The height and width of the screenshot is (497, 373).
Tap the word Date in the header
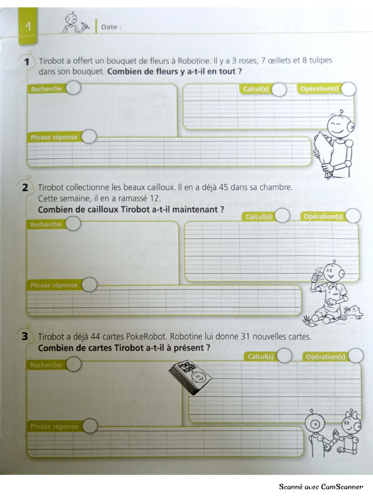(x=109, y=27)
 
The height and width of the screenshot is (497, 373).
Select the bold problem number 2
(x=25, y=188)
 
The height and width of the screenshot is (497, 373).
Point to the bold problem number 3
(x=25, y=336)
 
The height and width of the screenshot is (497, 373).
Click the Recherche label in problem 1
(x=46, y=89)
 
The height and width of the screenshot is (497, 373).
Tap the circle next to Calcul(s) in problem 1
(x=279, y=89)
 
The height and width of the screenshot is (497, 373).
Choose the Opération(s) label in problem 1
(x=319, y=89)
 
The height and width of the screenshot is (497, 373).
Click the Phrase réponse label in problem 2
(x=53, y=285)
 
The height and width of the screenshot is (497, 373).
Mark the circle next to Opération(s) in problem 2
(x=353, y=216)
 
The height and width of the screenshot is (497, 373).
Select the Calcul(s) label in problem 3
(x=261, y=357)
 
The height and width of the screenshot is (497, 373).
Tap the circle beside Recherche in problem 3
(x=74, y=364)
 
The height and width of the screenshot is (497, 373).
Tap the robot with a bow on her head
(x=349, y=432)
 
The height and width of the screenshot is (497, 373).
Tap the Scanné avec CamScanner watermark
(x=321, y=486)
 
